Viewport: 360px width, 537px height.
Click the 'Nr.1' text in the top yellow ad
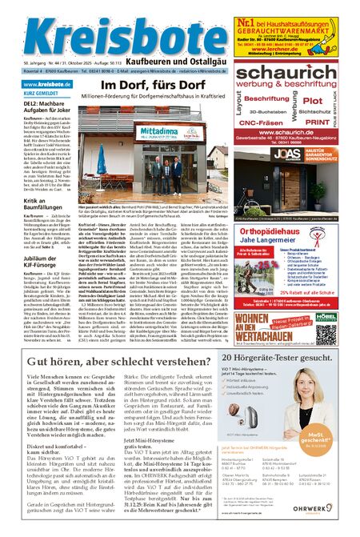click(x=246, y=14)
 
